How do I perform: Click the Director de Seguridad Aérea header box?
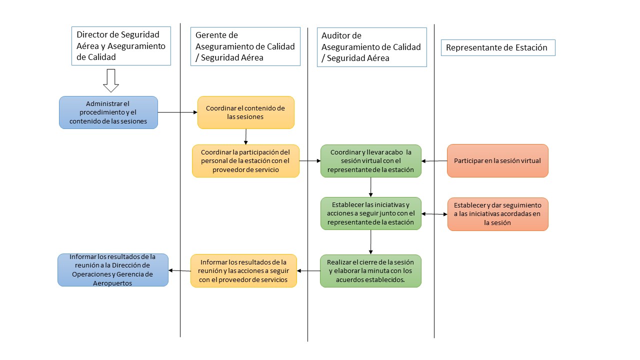point(121,46)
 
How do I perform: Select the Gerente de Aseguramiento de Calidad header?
point(245,46)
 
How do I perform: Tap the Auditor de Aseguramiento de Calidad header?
point(371,47)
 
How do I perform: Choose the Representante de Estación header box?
point(497,48)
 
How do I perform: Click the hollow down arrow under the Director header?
point(110,80)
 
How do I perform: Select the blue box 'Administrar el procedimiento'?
point(108,112)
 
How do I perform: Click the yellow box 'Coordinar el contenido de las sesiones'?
point(245,112)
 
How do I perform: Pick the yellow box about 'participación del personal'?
point(245,161)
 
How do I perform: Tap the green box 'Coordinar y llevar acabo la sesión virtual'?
point(370,161)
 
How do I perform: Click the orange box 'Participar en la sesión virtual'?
point(497,161)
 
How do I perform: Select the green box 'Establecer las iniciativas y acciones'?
point(370,213)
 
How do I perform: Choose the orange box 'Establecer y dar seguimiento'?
point(497,214)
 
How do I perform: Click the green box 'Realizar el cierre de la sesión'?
point(370,271)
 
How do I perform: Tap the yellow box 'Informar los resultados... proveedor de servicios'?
point(243,270)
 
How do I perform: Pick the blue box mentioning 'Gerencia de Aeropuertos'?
point(113,270)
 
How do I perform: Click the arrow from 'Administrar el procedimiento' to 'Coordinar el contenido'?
point(177,112)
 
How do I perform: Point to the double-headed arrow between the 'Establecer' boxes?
point(434,214)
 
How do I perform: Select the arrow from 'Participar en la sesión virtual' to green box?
point(434,161)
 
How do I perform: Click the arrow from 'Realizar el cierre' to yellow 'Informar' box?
point(308,271)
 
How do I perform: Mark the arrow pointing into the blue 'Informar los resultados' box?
point(179,270)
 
